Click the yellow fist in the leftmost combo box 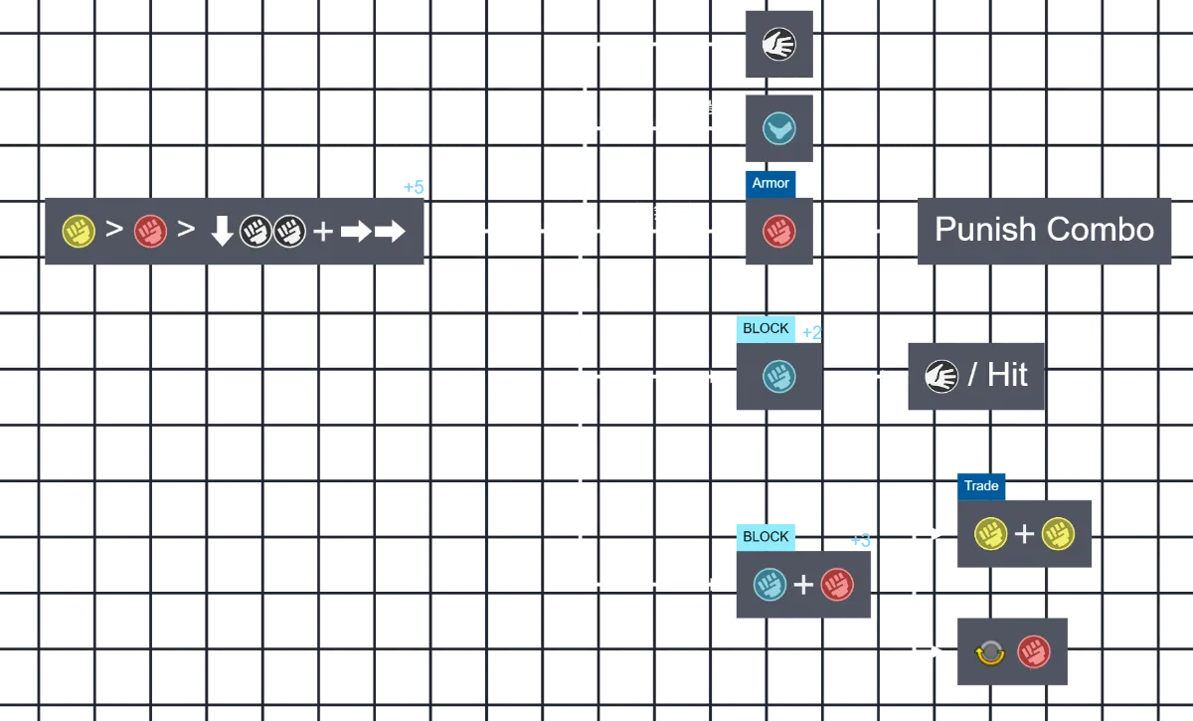(78, 232)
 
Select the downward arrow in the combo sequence (222, 233)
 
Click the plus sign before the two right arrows (323, 233)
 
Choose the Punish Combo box (1044, 231)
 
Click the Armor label (770, 183)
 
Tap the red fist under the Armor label (778, 233)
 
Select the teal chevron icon (778, 128)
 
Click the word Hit (1007, 375)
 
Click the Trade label (981, 485)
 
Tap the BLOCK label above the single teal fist (766, 328)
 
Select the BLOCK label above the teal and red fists (766, 536)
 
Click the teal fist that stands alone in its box (776, 376)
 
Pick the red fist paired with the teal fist (837, 584)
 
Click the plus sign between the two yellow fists (1025, 534)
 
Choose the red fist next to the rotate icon (1034, 652)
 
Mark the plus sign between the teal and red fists (803, 584)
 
